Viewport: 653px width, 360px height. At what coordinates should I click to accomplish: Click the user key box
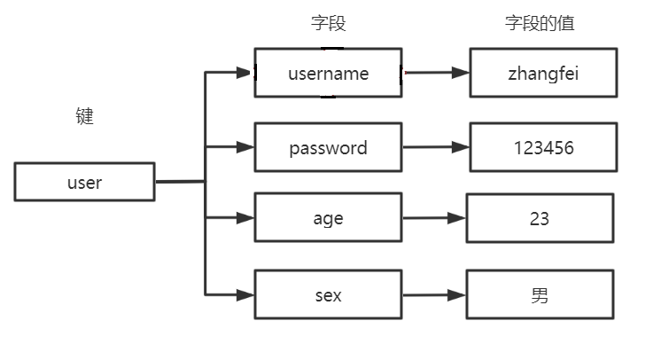pyautogui.click(x=84, y=182)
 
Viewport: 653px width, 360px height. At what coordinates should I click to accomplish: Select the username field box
pyautogui.click(x=328, y=73)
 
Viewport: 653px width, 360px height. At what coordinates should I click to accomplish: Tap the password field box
pyautogui.click(x=328, y=147)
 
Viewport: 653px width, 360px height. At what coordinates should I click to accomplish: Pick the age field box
pyautogui.click(x=328, y=217)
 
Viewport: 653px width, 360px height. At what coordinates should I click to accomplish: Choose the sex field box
pyautogui.click(x=328, y=295)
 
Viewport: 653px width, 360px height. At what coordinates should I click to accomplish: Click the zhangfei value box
pyautogui.click(x=543, y=73)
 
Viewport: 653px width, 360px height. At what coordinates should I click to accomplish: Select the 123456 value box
pyautogui.click(x=543, y=147)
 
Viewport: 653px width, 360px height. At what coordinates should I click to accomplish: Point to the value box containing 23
pyautogui.click(x=540, y=217)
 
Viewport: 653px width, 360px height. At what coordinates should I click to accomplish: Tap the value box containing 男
pyautogui.click(x=540, y=295)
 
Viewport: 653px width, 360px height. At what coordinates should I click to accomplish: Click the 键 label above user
pyautogui.click(x=84, y=116)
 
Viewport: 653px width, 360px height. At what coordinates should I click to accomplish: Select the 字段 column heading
pyautogui.click(x=327, y=24)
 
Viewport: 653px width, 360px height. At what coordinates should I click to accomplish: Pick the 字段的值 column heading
pyautogui.click(x=540, y=24)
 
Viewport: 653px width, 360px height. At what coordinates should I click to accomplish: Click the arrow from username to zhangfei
pyautogui.click(x=435, y=73)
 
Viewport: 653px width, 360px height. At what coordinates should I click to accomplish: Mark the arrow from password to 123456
pyautogui.click(x=435, y=147)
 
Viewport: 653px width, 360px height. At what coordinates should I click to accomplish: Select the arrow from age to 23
pyautogui.click(x=433, y=217)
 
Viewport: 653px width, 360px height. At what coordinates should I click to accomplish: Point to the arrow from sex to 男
pyautogui.click(x=433, y=295)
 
